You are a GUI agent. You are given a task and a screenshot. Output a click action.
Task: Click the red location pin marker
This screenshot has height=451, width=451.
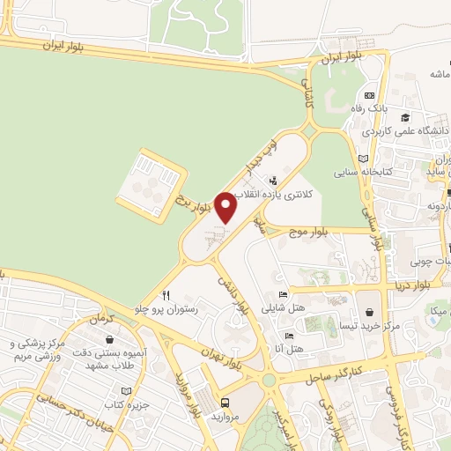click(226, 208)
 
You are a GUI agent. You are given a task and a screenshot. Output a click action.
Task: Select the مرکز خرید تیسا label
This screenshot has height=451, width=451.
click(369, 325)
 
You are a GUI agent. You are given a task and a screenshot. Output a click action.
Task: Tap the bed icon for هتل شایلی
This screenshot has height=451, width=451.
click(283, 294)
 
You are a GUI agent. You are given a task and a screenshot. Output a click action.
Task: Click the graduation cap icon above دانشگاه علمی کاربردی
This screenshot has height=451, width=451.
click(405, 118)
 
